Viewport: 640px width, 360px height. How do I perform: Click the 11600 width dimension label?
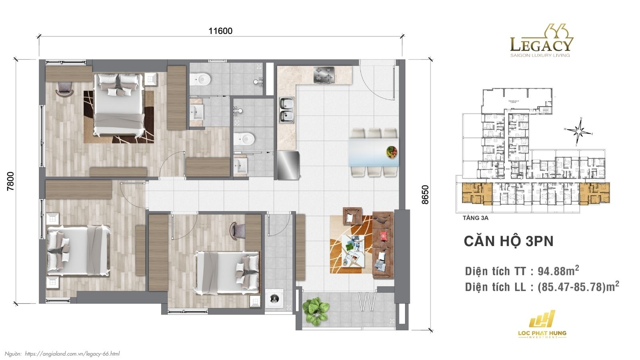220,31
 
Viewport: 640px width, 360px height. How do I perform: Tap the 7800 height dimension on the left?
11,181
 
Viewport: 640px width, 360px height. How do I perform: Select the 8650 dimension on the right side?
425,194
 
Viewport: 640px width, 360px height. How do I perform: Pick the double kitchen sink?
286,110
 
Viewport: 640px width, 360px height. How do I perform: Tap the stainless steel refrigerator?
288,165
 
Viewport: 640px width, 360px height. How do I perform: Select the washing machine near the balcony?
274,298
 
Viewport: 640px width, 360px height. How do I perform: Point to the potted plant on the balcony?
316,310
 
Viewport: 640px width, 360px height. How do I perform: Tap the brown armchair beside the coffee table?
352,216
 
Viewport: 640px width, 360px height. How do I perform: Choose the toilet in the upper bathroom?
200,78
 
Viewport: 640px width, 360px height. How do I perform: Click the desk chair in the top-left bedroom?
64,88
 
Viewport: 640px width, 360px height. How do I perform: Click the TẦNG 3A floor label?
475,218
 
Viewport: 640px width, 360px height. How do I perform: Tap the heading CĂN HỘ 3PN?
508,241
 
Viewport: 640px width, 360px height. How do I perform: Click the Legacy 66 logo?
541,41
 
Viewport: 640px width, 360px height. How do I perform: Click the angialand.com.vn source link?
72,354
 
